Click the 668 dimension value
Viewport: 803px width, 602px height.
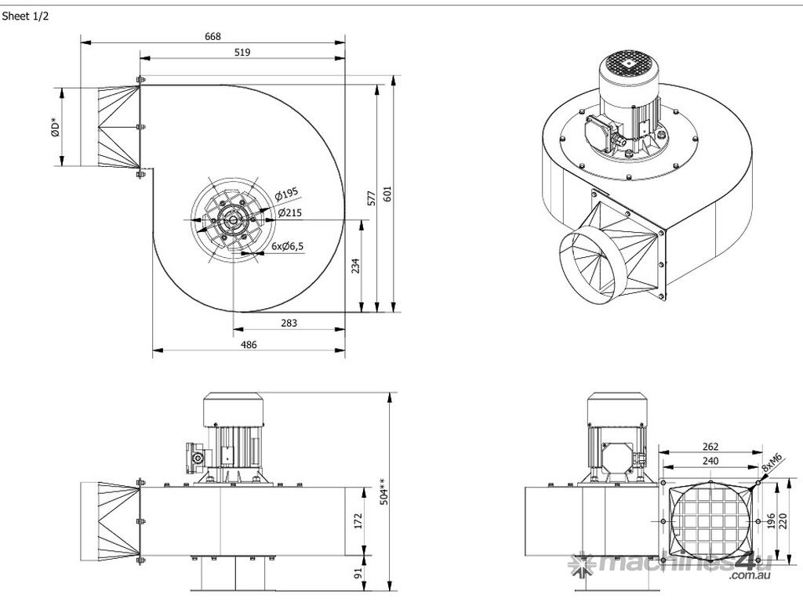(213, 36)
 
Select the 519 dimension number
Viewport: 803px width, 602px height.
(242, 53)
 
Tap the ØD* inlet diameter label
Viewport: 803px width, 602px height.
(53, 127)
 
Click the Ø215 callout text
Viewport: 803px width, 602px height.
(290, 212)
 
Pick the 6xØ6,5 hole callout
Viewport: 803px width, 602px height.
(288, 245)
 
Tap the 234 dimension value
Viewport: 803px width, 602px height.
(355, 267)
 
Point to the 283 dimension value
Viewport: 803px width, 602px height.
(289, 323)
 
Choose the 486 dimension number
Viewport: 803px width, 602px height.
(249, 345)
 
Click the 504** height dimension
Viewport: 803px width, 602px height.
(383, 492)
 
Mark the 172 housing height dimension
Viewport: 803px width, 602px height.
(358, 520)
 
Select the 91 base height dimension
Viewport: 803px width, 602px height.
(358, 573)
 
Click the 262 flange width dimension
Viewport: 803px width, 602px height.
(710, 447)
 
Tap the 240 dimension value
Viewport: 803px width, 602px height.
(710, 462)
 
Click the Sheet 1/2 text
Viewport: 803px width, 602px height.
(25, 16)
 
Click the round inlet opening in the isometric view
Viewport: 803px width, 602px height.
(587, 264)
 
